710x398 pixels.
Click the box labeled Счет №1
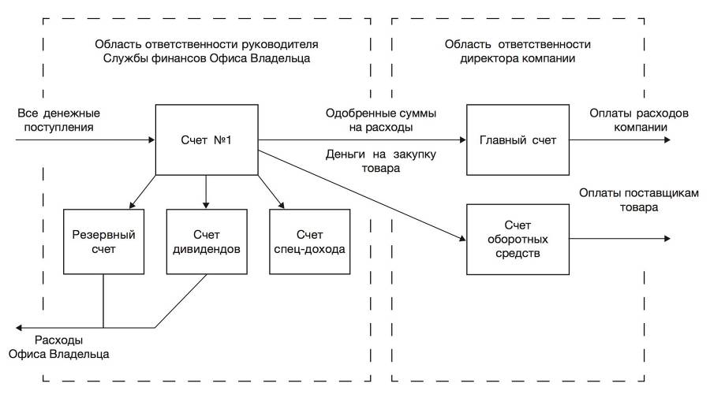pos(206,140)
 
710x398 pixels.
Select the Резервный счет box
pos(103,241)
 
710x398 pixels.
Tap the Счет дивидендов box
pos(206,241)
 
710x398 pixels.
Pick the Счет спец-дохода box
pos(308,241)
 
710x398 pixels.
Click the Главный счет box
pos(517,140)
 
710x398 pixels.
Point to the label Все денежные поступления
pos(58,119)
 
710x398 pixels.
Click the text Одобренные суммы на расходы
pos(370,119)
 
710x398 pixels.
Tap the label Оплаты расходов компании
pos(639,119)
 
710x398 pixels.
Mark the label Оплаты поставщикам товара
pos(639,201)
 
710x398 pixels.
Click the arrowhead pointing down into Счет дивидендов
pos(206,204)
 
